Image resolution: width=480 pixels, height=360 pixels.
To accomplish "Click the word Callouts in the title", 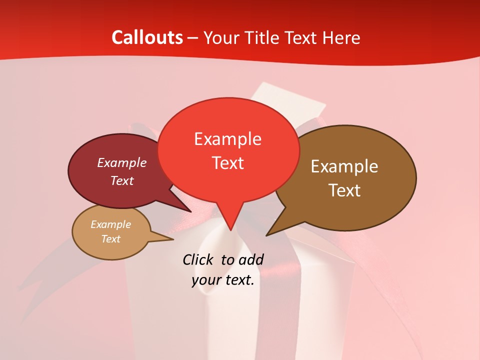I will (147, 37).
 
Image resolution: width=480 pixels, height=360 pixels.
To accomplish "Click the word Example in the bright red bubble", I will (227, 138).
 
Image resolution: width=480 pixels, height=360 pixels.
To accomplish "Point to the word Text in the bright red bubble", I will (227, 162).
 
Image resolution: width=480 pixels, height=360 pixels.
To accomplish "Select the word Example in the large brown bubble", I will (344, 166).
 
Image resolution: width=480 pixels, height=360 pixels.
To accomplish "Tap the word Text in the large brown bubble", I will (344, 190).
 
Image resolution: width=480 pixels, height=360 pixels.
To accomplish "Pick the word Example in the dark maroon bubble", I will (122, 162).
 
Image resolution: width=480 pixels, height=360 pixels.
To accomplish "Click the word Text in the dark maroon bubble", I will (122, 180).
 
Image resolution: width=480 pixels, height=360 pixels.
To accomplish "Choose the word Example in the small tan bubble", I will (111, 224).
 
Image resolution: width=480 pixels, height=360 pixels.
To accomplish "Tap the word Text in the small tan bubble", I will (111, 239).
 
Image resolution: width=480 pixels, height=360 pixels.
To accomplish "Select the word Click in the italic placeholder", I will (198, 259).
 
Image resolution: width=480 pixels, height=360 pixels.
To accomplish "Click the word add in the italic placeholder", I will (251, 259).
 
